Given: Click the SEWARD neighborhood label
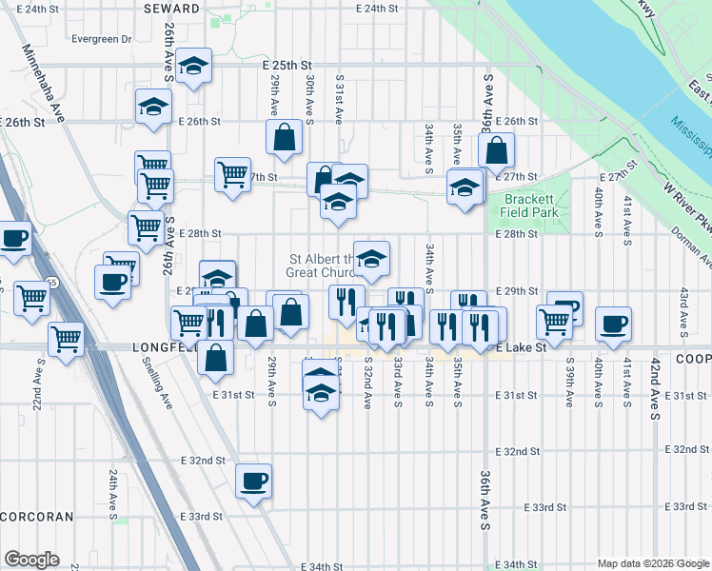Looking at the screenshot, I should click(172, 8).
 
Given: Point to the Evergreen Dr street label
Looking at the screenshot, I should click(100, 39).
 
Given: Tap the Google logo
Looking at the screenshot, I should click(31, 559).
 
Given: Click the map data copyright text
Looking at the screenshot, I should click(652, 563).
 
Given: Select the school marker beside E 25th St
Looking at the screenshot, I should click(194, 67).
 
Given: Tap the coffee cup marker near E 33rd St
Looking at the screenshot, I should click(253, 482).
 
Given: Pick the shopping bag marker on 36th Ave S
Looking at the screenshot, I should click(497, 150).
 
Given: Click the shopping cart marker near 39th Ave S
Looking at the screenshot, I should click(554, 321).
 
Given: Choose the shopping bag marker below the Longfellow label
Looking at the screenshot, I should click(217, 358).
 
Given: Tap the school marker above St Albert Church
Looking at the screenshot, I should click(372, 257).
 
